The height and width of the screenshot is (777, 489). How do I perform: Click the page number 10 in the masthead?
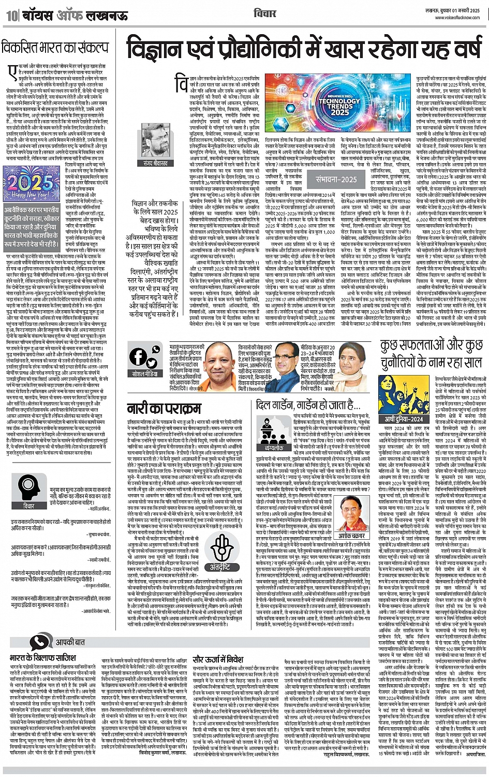click(10, 15)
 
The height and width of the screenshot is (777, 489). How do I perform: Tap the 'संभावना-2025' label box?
click(336, 180)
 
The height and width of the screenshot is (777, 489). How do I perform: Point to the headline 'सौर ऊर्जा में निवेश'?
click(218, 659)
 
